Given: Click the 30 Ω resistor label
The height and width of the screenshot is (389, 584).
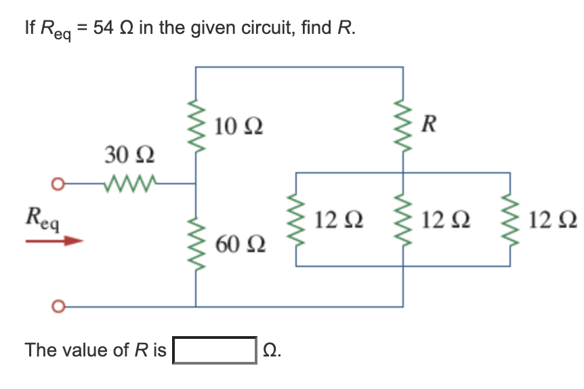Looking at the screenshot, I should (x=129, y=155).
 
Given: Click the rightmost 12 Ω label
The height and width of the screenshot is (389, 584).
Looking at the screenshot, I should (x=554, y=220).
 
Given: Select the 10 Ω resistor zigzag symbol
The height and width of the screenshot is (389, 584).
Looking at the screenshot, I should (x=196, y=129).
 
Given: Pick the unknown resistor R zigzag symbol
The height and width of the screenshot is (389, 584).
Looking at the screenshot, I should (x=404, y=129).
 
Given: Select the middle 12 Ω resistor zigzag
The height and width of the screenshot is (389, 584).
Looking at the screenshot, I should (x=404, y=220).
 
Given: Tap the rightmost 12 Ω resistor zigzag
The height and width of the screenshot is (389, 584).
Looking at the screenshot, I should (x=510, y=220).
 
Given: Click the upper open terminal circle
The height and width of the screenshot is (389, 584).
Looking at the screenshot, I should (x=59, y=184).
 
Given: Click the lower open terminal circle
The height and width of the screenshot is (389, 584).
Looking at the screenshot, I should (x=59, y=306).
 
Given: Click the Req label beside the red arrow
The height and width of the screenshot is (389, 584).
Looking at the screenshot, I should (x=42, y=219).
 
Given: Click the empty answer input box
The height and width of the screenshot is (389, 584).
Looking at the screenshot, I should (x=215, y=350).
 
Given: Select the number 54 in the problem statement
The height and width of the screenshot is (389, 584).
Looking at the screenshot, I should (x=103, y=29).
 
